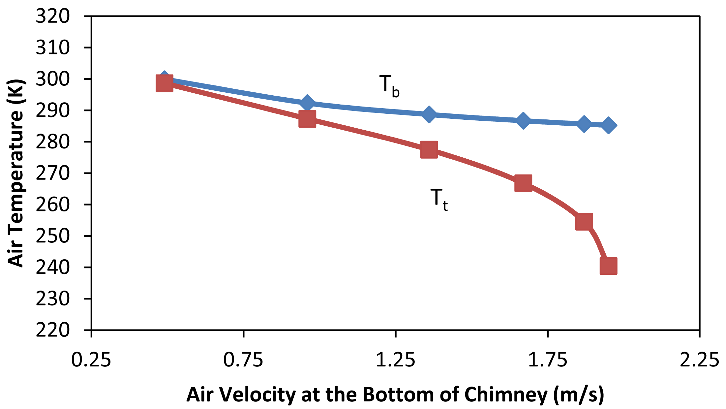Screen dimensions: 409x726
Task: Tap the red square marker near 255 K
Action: [584, 221]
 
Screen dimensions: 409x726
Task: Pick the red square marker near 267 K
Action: [523, 183]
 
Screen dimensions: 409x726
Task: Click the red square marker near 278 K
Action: [429, 150]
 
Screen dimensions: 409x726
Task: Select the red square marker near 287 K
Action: [307, 118]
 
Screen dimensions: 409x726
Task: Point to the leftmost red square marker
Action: [164, 83]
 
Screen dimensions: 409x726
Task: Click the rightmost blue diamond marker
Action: [608, 125]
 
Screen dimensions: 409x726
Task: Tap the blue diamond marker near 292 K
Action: [307, 103]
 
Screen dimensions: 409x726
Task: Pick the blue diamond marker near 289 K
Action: [429, 114]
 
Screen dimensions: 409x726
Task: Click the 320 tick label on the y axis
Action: [53, 16]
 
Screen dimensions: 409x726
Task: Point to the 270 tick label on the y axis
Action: [53, 173]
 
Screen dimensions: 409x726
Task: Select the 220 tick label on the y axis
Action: [53, 330]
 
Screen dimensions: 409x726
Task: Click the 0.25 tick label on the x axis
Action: [91, 360]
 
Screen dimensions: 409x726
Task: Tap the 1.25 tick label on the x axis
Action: [395, 360]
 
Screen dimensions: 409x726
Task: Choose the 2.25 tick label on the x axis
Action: [699, 360]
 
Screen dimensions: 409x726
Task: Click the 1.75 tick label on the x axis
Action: [547, 360]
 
